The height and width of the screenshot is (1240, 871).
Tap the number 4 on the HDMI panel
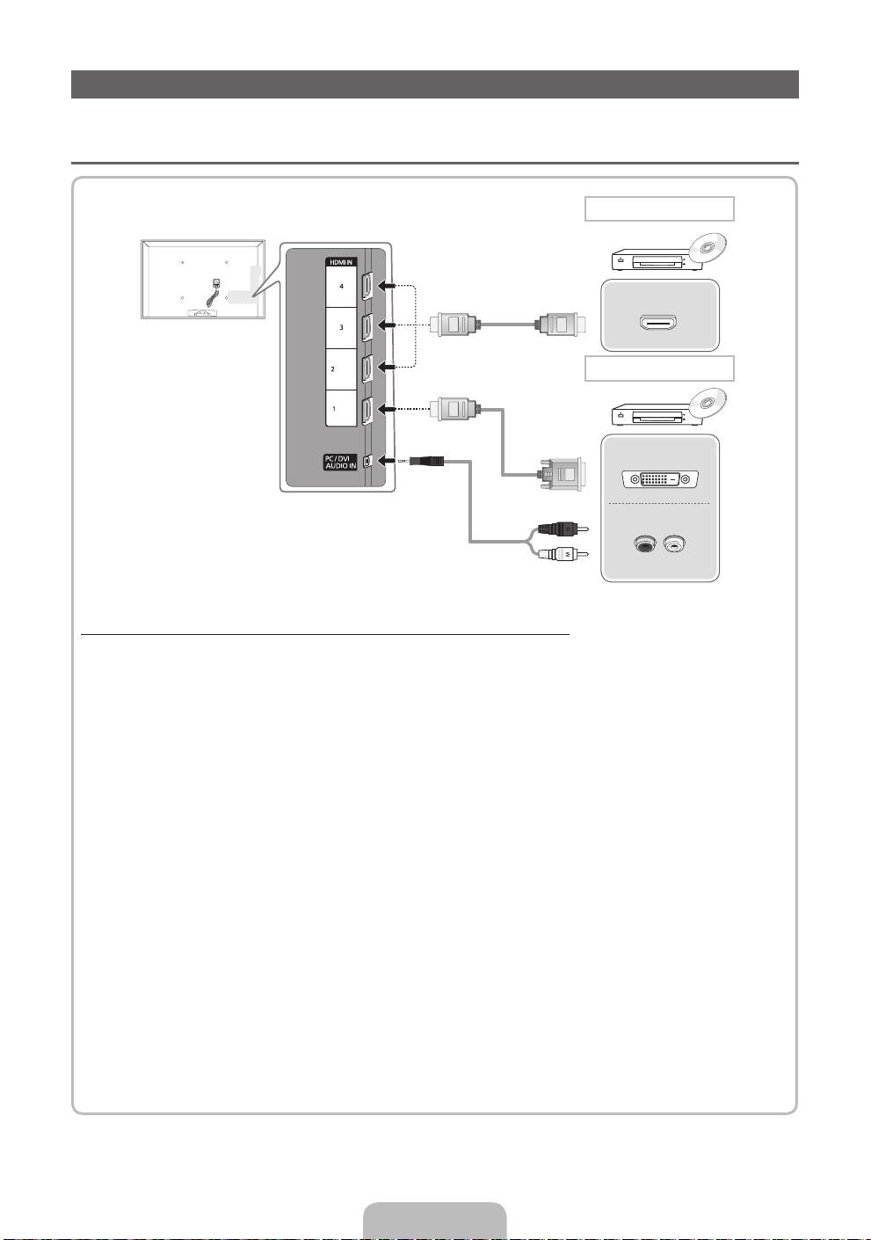pos(341,287)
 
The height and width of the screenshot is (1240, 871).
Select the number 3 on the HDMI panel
pos(341,326)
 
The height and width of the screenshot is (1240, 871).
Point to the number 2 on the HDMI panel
pos(333,369)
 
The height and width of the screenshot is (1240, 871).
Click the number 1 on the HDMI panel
pos(333,409)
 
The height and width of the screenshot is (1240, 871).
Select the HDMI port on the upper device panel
pos(659,324)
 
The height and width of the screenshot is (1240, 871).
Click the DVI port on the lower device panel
pos(660,479)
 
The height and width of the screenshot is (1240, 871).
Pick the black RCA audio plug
pos(558,529)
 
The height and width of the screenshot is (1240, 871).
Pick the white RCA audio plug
pos(558,554)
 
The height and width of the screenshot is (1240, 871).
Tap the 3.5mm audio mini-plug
pos(429,460)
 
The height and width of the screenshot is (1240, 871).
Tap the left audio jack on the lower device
pos(645,545)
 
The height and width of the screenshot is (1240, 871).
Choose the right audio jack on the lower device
pos(675,545)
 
